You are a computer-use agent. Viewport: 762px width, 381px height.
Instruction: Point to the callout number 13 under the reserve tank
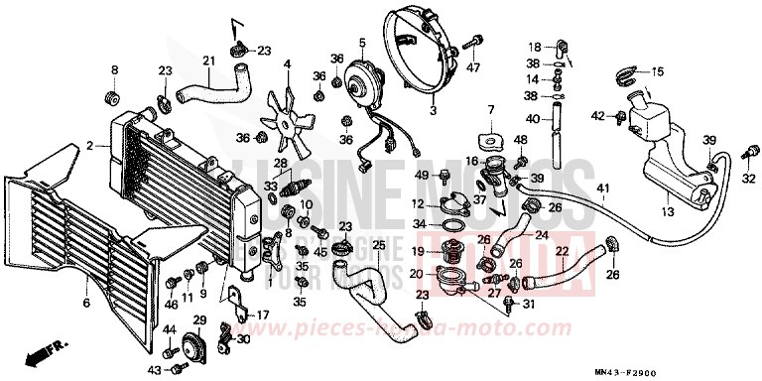click(x=667, y=211)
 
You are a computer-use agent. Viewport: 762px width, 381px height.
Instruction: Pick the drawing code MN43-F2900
click(x=710, y=370)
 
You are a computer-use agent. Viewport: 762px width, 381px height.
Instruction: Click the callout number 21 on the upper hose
click(x=208, y=62)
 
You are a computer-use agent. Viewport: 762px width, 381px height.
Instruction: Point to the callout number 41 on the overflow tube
click(x=602, y=189)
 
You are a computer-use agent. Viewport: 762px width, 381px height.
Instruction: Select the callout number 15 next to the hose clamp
click(x=656, y=72)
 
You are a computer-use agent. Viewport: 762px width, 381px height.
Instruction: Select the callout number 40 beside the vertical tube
click(x=532, y=119)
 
